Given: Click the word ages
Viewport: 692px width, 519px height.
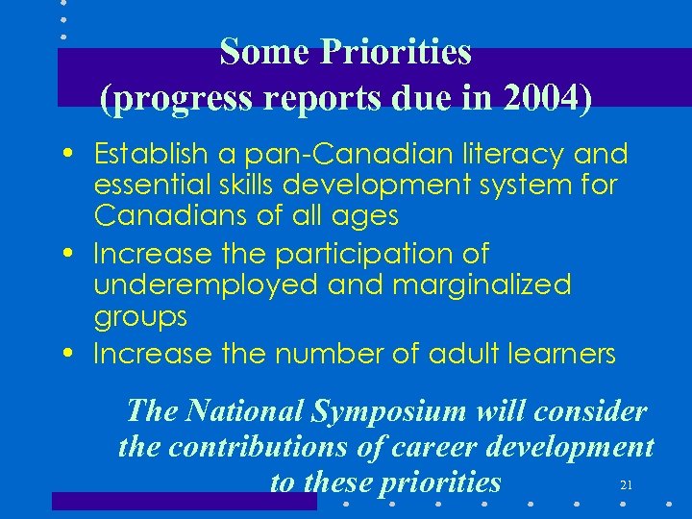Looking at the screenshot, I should click(365, 215).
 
